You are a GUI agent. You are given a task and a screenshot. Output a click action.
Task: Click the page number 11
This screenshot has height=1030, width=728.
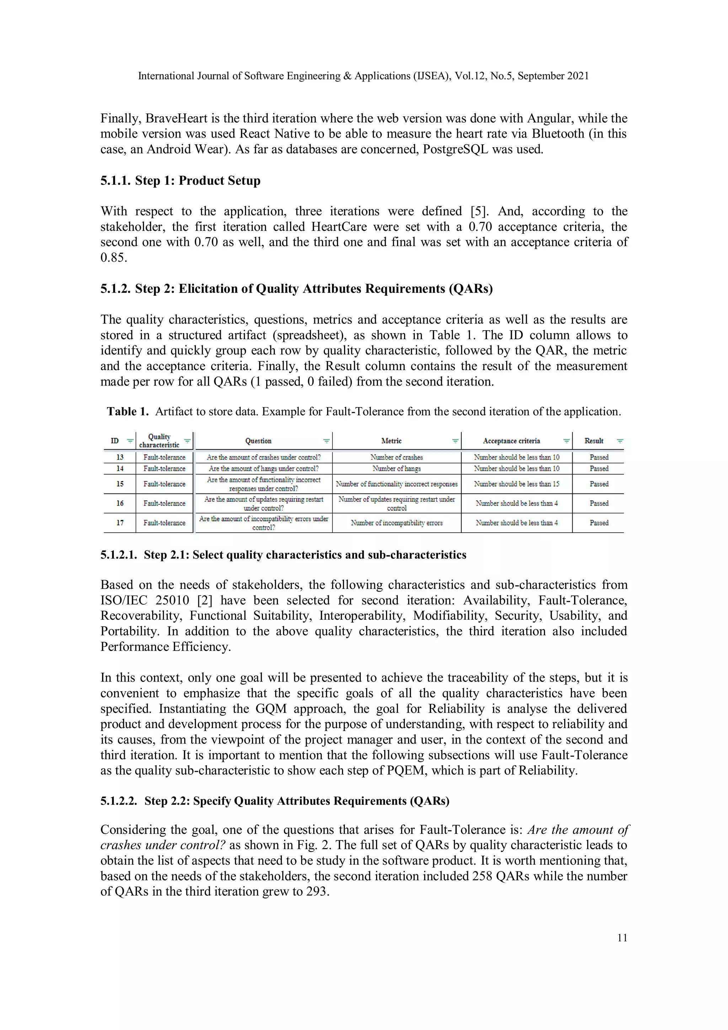coord(622,938)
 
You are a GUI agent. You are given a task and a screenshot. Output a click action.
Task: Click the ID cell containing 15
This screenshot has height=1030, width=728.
coord(120,484)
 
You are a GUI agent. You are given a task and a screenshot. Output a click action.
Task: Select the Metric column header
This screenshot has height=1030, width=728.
coord(391,441)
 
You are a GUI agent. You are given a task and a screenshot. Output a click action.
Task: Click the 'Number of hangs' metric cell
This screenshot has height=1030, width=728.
coord(396,468)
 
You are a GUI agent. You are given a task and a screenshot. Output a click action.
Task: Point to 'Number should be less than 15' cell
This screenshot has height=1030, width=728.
coord(516,484)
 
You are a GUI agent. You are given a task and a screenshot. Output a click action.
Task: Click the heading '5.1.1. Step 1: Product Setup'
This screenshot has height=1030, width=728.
coord(180,180)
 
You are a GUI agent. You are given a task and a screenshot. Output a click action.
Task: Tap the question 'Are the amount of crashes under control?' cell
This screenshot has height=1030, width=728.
coord(263,457)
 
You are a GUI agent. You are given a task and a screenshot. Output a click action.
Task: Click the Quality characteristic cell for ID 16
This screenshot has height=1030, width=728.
coord(164,503)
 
